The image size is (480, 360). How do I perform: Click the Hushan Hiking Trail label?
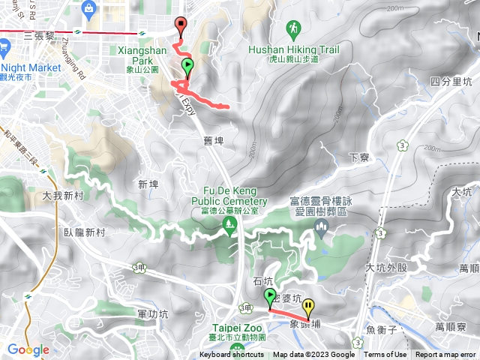[x=293, y=50]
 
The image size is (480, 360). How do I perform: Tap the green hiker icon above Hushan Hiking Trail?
[x=293, y=30]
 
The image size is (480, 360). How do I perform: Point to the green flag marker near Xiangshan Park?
[x=187, y=67]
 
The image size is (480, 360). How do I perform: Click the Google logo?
[x=28, y=349]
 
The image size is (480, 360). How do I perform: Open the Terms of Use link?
[x=385, y=355]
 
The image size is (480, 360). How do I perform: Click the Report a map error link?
[x=445, y=355]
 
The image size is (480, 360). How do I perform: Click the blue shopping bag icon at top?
[x=89, y=10]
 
